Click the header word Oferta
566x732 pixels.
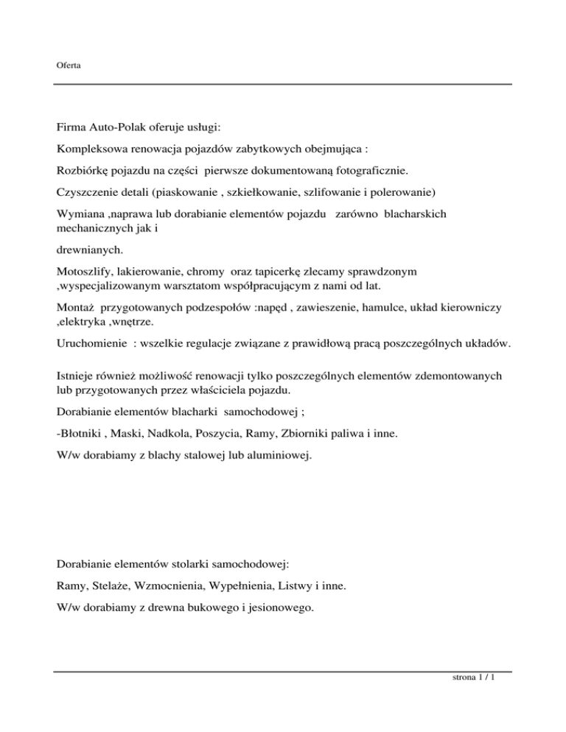tap(69, 66)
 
